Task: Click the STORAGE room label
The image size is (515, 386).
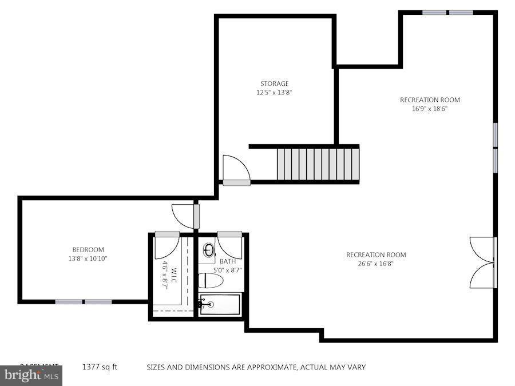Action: (275, 83)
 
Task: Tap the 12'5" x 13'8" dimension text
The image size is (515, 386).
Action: (275, 92)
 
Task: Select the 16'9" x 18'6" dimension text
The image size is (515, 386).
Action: (430, 109)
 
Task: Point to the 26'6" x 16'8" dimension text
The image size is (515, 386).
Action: (376, 264)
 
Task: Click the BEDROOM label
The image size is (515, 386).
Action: (88, 249)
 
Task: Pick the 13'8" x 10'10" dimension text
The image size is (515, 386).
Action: (88, 258)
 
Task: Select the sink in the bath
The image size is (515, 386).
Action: (209, 250)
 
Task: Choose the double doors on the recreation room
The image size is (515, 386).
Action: (482, 262)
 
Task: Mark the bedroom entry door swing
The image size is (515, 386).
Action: (184, 216)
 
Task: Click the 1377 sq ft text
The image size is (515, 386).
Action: (100, 367)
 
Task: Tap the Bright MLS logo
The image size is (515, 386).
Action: (31, 376)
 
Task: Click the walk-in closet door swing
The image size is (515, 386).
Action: (167, 245)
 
